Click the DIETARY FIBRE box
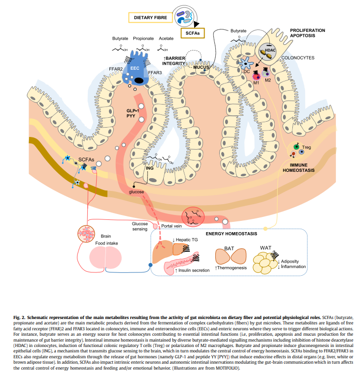pyautogui.click(x=151, y=18)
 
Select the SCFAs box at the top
pyautogui.click(x=193, y=33)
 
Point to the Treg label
pyautogui.click(x=306, y=147)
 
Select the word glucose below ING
pyautogui.click(x=136, y=192)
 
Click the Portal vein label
pyautogui.click(x=172, y=226)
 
